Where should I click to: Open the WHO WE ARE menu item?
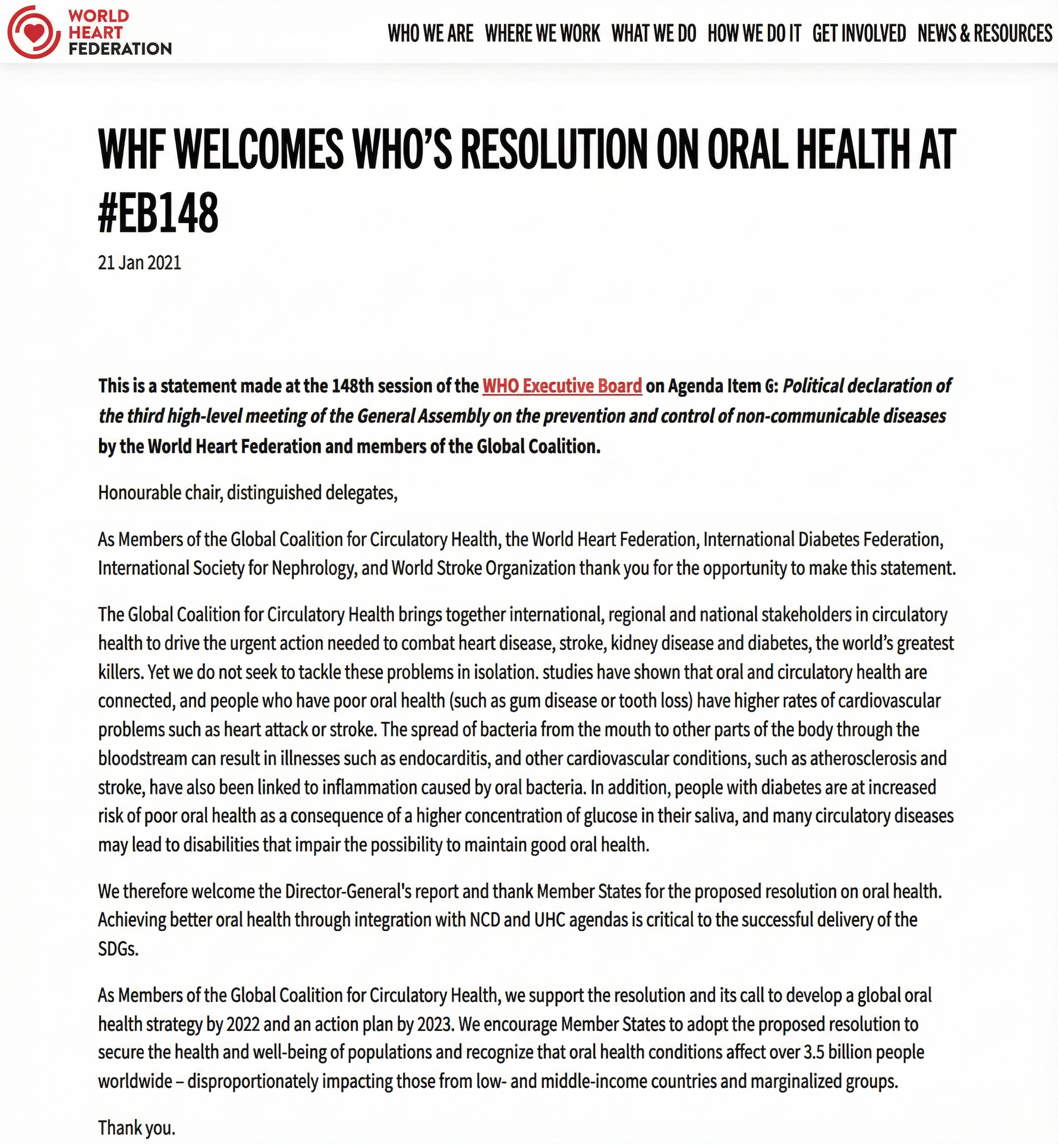coord(430,33)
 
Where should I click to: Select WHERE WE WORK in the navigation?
coord(542,33)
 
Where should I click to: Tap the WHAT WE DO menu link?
coord(653,33)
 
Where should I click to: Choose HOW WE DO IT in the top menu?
coord(754,33)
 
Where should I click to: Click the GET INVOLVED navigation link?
coord(859,33)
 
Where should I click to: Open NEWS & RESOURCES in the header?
coord(984,33)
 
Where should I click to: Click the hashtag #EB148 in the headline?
coord(158,213)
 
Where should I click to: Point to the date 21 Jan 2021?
coord(140,263)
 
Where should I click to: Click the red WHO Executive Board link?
coord(562,386)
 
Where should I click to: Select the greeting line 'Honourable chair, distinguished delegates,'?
coord(247,493)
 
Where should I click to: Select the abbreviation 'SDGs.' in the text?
coord(118,949)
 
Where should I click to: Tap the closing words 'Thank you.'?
coord(137,1127)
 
